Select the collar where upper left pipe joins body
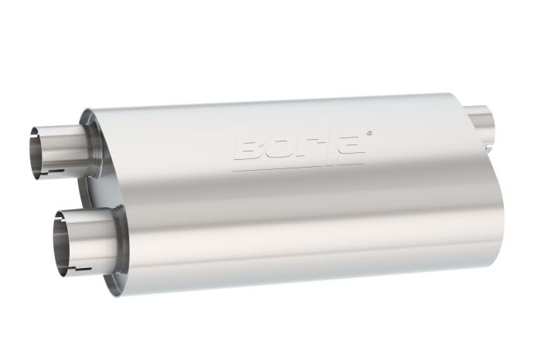(91, 144)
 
